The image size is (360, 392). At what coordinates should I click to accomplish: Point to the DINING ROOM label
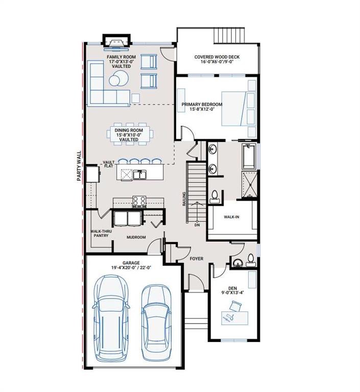[128, 135]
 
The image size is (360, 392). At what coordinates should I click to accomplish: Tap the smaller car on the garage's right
[154, 320]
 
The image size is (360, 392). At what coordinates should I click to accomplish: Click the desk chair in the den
[235, 306]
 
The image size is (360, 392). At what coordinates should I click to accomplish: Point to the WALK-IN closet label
[232, 216]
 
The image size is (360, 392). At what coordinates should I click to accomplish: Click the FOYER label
[197, 259]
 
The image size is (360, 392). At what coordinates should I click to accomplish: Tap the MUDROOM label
[136, 237]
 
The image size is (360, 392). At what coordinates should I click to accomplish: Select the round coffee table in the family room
[117, 79]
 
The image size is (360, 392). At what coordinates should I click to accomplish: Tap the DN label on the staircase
[197, 225]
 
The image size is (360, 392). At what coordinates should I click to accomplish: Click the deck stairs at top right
[229, 36]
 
